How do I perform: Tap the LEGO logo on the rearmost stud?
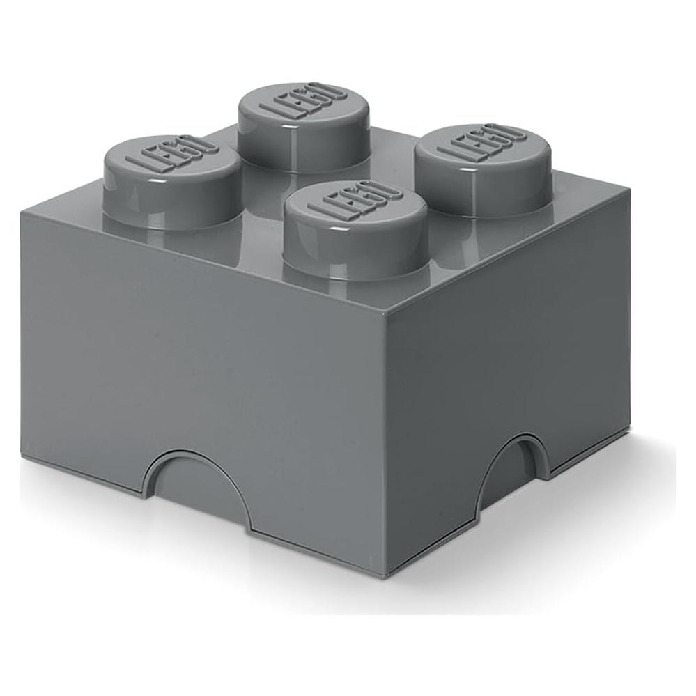coord(302,102)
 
